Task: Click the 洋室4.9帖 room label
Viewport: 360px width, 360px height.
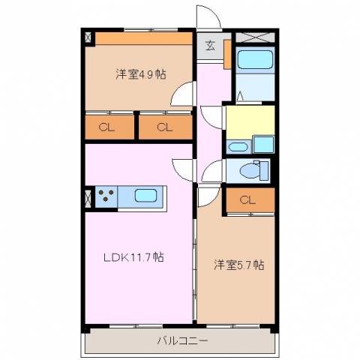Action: pyautogui.click(x=141, y=74)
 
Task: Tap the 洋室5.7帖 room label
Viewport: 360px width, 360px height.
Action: pyautogui.click(x=238, y=265)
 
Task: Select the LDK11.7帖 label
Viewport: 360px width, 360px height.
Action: pyautogui.click(x=133, y=257)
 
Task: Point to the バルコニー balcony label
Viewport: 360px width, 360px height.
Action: pyautogui.click(x=182, y=340)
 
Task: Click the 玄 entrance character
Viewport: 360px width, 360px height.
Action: pyautogui.click(x=210, y=46)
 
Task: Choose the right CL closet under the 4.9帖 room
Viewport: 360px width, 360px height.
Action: pyautogui.click(x=165, y=127)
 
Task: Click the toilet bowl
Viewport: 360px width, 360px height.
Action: pyautogui.click(x=250, y=171)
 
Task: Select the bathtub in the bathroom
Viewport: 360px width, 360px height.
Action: pyautogui.click(x=255, y=59)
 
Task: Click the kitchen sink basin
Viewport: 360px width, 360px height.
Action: pyautogui.click(x=145, y=195)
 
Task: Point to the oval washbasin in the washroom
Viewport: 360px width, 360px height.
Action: pyautogui.click(x=238, y=147)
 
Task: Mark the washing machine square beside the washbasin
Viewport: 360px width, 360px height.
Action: pyautogui.click(x=263, y=145)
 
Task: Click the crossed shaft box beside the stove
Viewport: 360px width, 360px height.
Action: pyautogui.click(x=88, y=199)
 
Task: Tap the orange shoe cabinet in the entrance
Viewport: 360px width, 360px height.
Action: pyautogui.click(x=227, y=54)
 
